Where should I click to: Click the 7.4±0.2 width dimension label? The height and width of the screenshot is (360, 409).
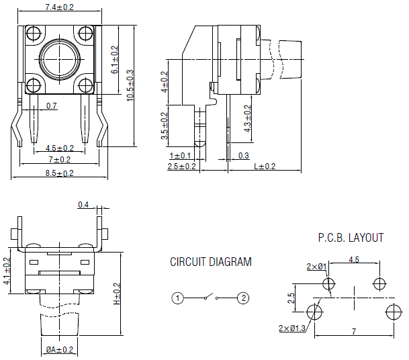click(x=59, y=7)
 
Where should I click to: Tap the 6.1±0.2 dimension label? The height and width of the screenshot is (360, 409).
click(x=115, y=60)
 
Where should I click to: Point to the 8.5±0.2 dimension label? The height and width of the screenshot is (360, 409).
click(x=59, y=173)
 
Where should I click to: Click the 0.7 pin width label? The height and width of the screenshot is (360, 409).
click(x=52, y=105)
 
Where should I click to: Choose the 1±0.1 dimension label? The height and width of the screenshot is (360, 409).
click(x=180, y=156)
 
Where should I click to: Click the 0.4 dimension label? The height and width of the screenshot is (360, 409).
click(x=84, y=205)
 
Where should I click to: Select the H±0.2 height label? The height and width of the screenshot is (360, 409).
click(x=116, y=294)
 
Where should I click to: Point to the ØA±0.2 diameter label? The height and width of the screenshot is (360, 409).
click(x=60, y=350)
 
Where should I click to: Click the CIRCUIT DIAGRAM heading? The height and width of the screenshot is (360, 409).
click(x=210, y=262)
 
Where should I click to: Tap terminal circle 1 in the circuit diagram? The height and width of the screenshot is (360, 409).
click(x=177, y=298)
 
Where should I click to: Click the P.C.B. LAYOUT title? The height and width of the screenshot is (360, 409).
click(x=351, y=238)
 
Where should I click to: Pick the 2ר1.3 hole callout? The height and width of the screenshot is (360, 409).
click(x=292, y=328)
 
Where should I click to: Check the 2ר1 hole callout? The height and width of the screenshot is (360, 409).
click(x=316, y=267)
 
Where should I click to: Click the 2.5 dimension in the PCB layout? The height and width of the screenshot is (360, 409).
click(x=292, y=298)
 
